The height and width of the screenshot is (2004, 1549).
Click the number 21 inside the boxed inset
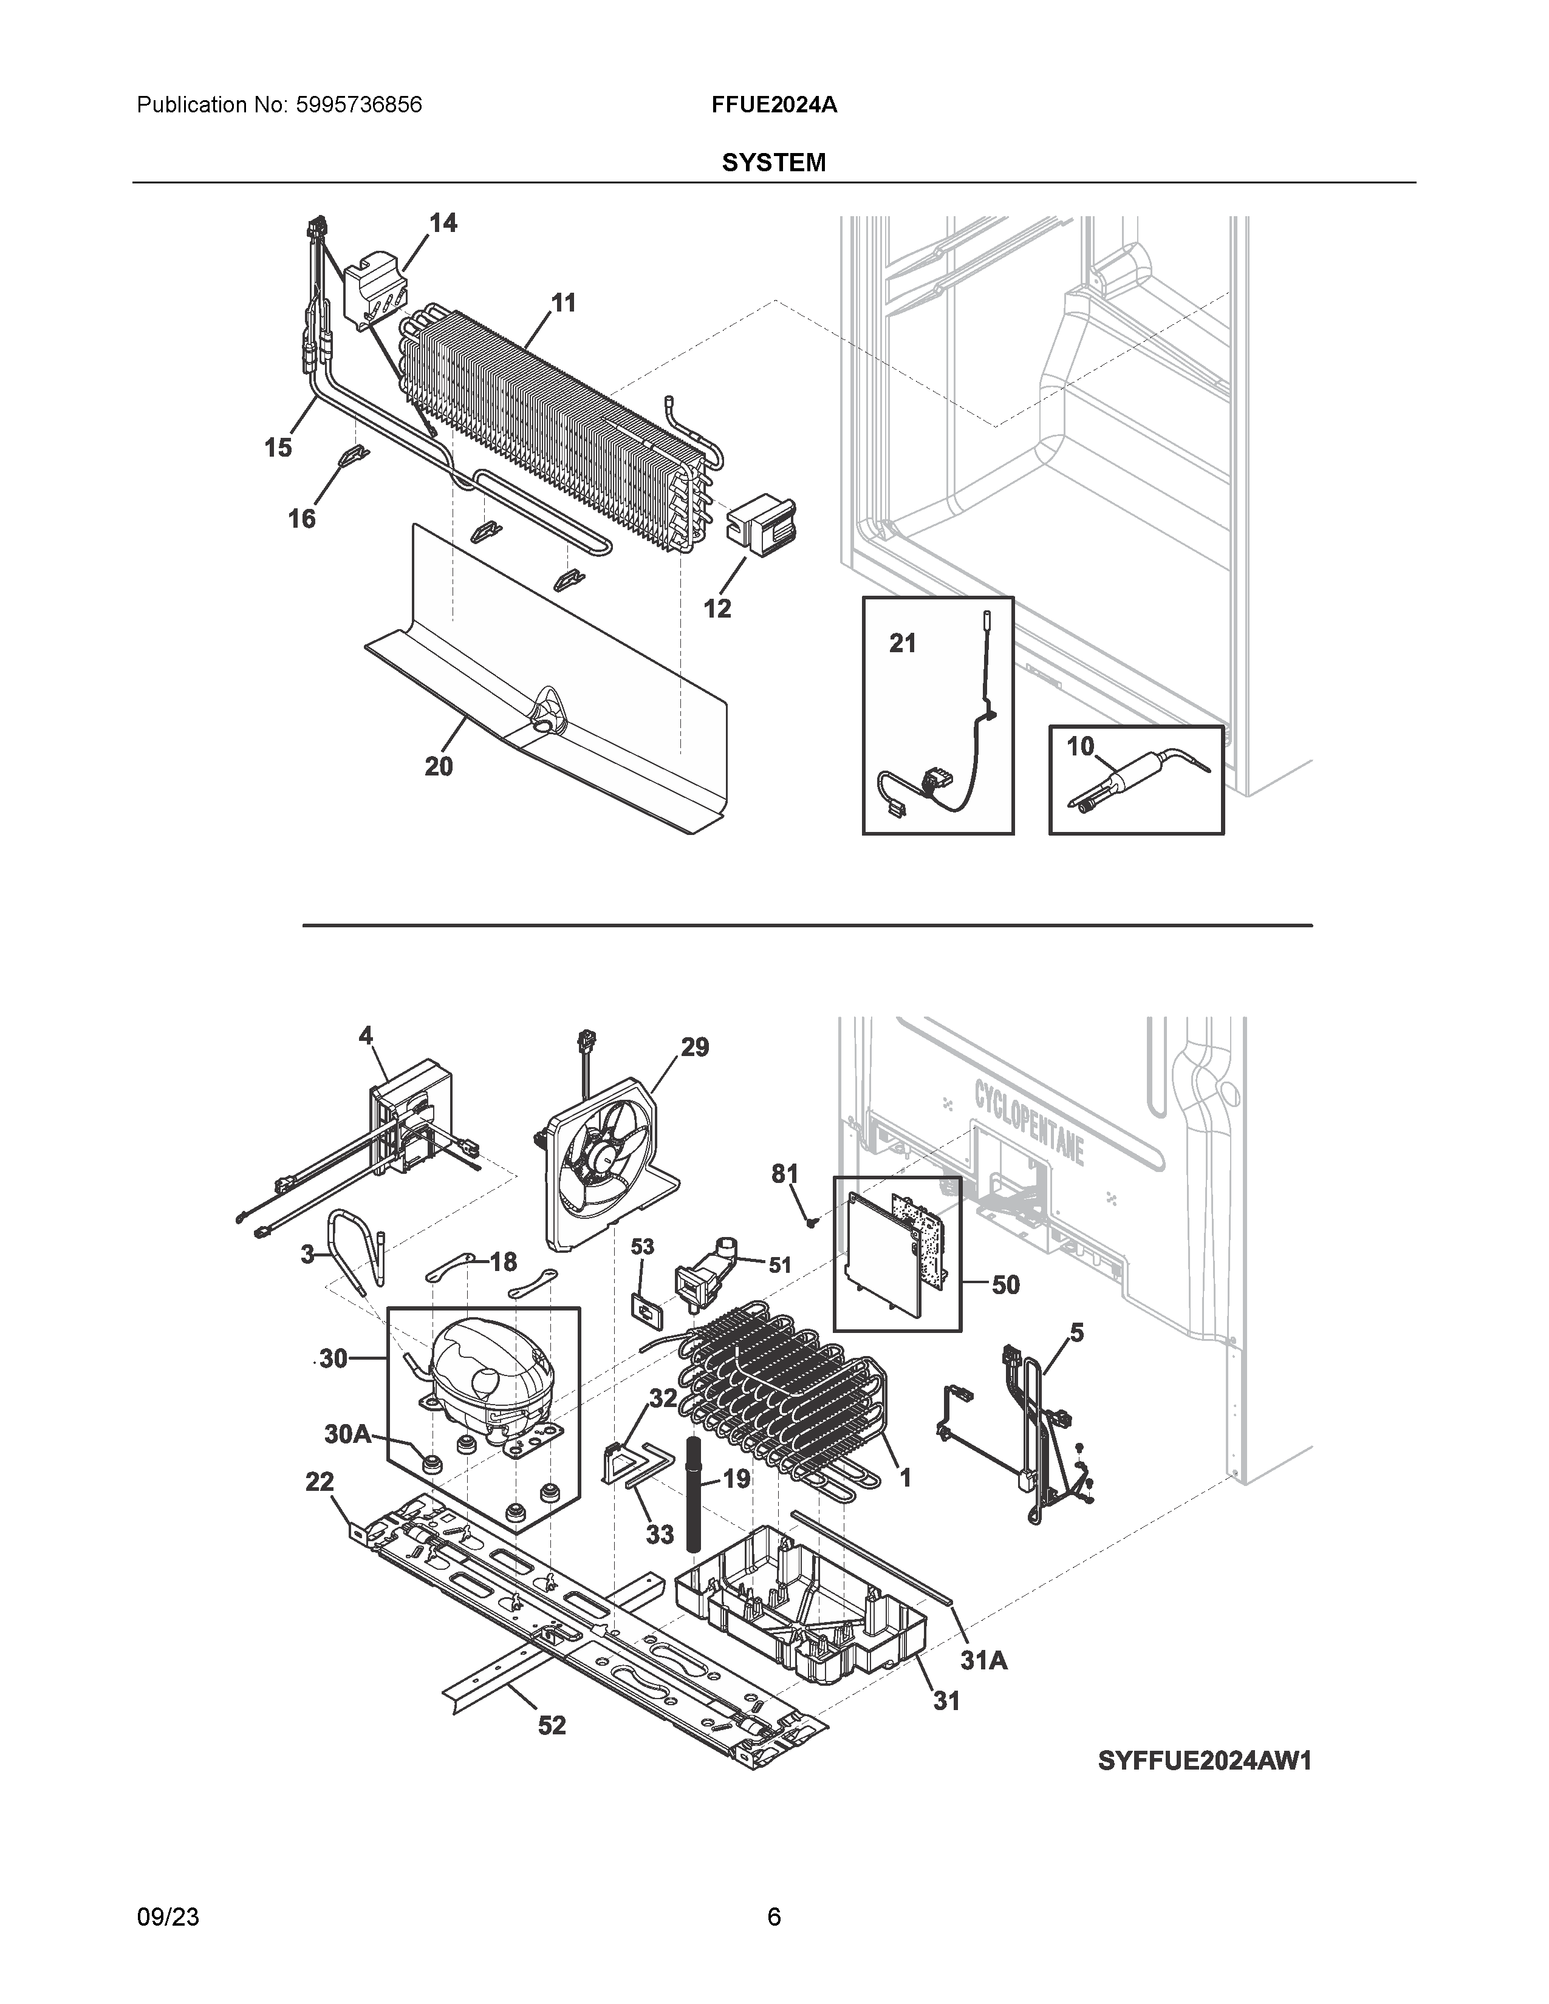(903, 644)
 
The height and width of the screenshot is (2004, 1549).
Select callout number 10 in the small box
(1080, 747)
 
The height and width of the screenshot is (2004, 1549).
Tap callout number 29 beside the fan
(695, 1047)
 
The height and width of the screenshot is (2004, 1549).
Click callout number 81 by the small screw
(785, 1174)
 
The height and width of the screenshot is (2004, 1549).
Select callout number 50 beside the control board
(1006, 1284)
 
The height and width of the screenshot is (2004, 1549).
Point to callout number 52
(552, 1725)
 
